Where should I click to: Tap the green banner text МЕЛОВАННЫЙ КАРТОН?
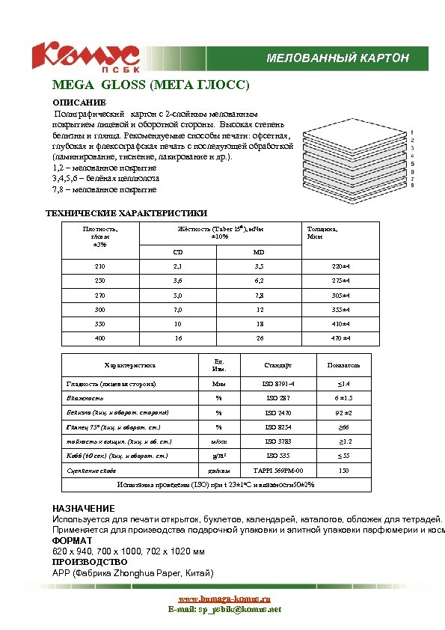tap(338, 58)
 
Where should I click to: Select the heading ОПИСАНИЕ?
tap(79, 102)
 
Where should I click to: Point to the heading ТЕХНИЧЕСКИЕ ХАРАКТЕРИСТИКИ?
tap(127, 213)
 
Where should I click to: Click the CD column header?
tap(178, 252)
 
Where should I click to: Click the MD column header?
tap(259, 252)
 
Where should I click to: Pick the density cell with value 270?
tap(99, 295)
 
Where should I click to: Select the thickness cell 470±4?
tap(341, 338)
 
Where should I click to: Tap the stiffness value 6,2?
tap(259, 281)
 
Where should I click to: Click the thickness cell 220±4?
tap(341, 266)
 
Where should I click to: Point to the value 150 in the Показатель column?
tap(343, 471)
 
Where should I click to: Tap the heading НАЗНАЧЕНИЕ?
tap(83, 509)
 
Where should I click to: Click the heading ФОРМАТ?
tap(72, 540)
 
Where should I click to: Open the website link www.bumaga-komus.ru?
tap(224, 599)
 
